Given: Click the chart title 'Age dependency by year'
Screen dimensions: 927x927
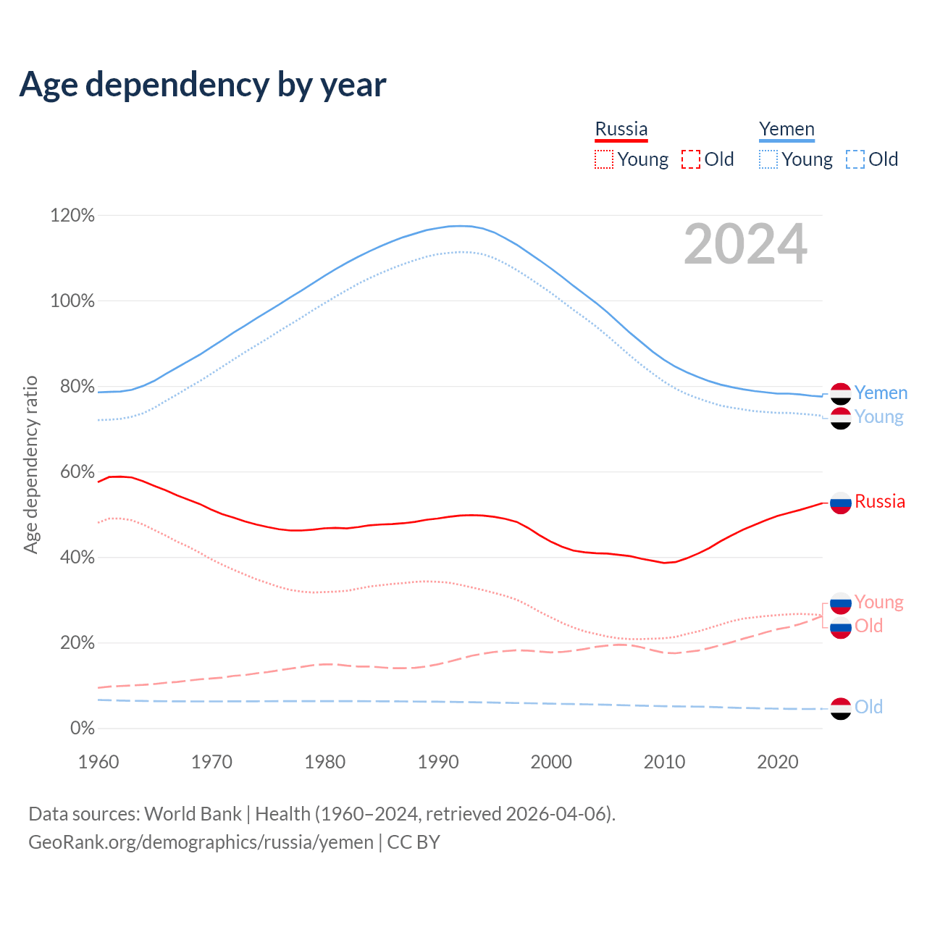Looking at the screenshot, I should tap(203, 85).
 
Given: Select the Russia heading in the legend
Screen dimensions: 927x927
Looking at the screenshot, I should tap(621, 129).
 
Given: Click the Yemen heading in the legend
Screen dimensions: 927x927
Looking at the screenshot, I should tap(787, 129).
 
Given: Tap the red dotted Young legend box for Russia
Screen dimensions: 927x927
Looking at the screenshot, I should tap(603, 159).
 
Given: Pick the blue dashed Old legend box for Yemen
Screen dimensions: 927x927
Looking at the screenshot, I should tap(855, 159).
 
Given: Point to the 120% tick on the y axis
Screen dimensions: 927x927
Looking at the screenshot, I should tap(72, 216).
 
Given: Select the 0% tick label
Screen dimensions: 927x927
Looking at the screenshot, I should tap(82, 729).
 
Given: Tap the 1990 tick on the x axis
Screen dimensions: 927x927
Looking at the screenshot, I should tap(438, 762).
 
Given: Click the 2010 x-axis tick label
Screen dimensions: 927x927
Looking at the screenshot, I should tap(665, 762).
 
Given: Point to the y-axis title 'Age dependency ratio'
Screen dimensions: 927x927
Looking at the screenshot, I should tap(30, 464).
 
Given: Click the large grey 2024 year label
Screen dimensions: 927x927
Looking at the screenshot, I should tap(745, 245).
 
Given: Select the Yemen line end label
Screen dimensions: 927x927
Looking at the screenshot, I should tap(881, 393).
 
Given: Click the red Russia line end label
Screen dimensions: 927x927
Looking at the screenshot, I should tap(880, 502).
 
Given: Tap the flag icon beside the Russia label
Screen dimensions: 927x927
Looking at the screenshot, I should tap(841, 503).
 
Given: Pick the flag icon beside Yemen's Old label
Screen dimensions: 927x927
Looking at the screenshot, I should tap(841, 708).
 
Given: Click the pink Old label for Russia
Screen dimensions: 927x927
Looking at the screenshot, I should tap(868, 626).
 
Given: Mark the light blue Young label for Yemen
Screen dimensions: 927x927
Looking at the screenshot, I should tap(878, 417).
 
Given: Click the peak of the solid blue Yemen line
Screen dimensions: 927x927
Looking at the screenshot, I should tap(459, 226).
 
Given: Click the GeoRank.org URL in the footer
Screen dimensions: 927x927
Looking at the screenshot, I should tap(201, 842).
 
